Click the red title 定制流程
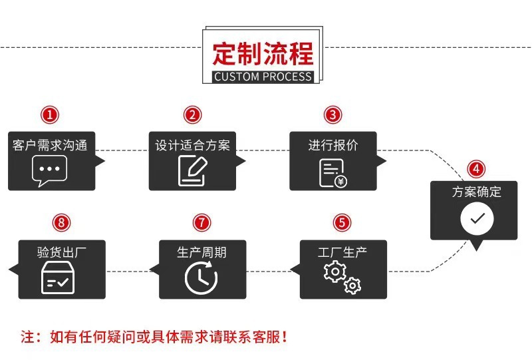262,52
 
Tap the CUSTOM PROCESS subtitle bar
263,76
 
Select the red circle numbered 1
51,114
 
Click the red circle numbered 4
476,168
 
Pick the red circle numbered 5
342,222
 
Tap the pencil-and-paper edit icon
192,170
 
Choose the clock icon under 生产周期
201,277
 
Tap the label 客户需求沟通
50,145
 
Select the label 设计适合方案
192,145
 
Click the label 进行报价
332,145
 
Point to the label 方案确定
477,192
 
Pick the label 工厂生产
342,252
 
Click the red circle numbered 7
201,222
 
